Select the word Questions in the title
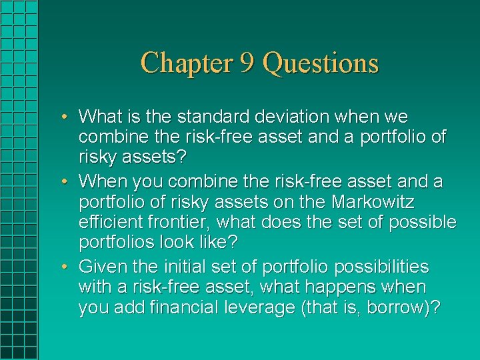[x=321, y=63]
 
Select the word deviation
[x=296, y=117]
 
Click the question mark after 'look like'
[x=224, y=241]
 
